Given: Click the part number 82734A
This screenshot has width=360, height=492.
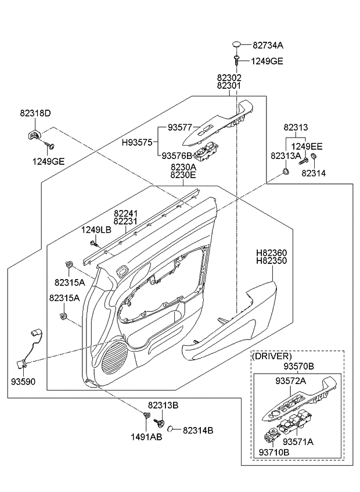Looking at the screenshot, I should tap(267, 45).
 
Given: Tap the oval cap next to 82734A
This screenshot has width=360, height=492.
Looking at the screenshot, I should tap(237, 44).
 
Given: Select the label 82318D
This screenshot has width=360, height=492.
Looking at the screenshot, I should tap(35, 113).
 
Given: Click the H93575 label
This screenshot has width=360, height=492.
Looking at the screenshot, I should tap(136, 142).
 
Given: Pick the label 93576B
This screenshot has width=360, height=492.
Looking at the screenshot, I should tap(177, 155).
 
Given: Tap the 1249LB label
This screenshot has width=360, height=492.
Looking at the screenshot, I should tap(95, 230).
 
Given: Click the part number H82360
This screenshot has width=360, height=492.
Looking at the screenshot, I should tap(272, 254).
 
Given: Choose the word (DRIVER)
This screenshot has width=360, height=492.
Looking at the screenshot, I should tap(271, 356).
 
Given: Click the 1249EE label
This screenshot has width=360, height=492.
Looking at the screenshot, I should tap(307, 146).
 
